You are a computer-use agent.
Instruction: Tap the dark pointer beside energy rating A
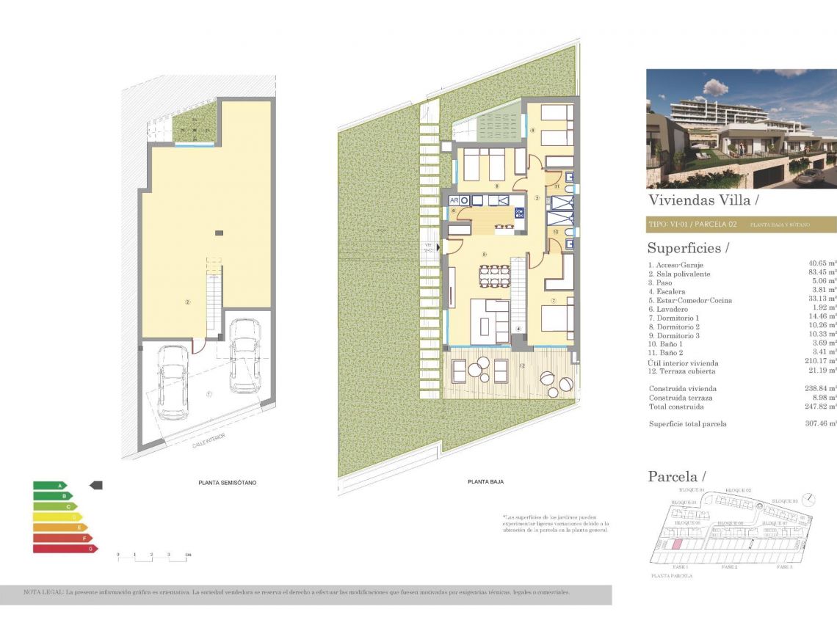point(96,485)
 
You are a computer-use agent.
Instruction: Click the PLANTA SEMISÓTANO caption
point(228,483)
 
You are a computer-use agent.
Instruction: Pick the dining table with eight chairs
point(494,276)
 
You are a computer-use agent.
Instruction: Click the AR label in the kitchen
point(454,200)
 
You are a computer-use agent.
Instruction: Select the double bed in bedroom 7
point(557,318)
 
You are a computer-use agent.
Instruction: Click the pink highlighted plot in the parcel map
point(677,544)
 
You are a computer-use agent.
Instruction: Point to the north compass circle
point(808,499)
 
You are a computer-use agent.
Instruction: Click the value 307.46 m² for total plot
point(821,423)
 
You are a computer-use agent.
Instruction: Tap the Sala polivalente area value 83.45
point(821,274)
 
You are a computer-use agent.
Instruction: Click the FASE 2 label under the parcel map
point(729,567)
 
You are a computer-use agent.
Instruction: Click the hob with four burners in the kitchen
point(520,214)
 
